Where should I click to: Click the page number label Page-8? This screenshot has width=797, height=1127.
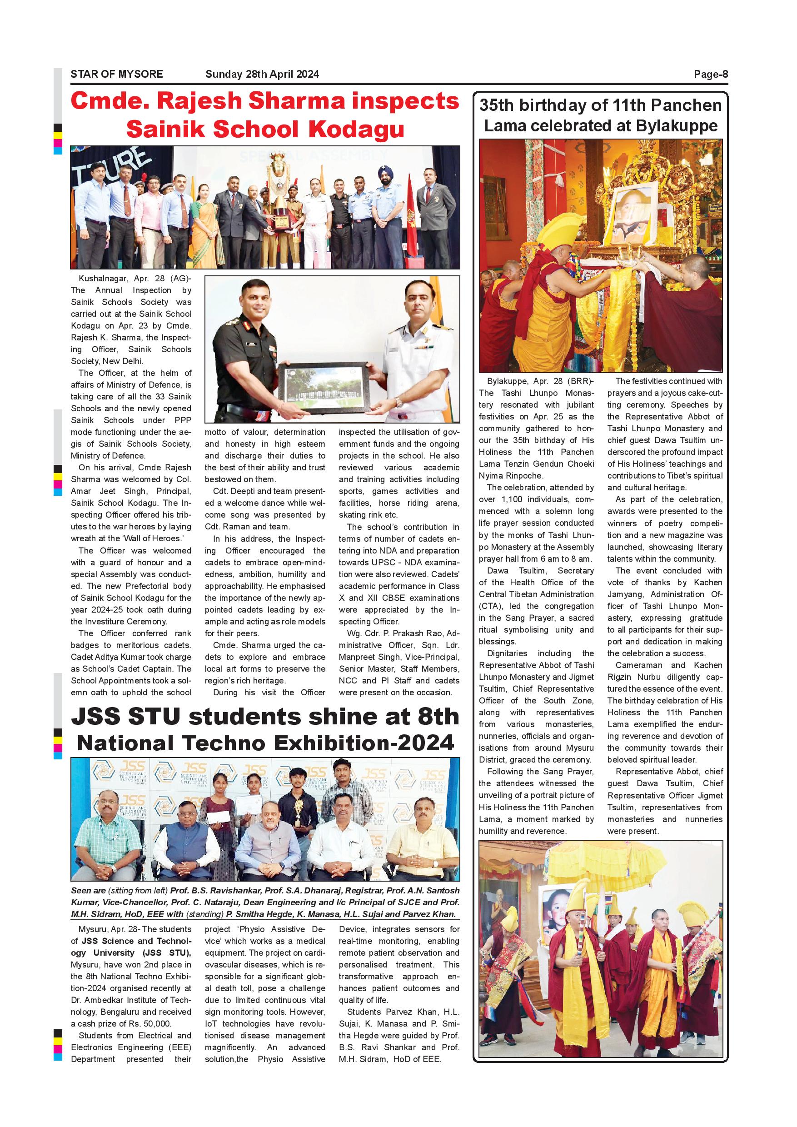tap(711, 74)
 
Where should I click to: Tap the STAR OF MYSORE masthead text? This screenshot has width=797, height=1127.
tap(117, 74)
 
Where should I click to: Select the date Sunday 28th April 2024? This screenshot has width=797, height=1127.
tap(262, 74)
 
